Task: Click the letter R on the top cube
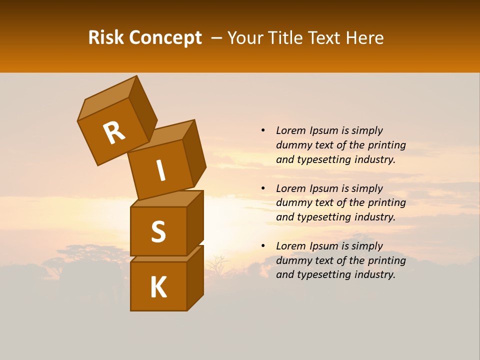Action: pos(114,133)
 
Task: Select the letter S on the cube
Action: pos(158,232)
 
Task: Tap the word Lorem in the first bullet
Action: pos(291,130)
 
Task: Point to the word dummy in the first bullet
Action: pos(292,145)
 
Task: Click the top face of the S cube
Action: pos(166,199)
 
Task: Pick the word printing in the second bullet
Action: pos(386,202)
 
